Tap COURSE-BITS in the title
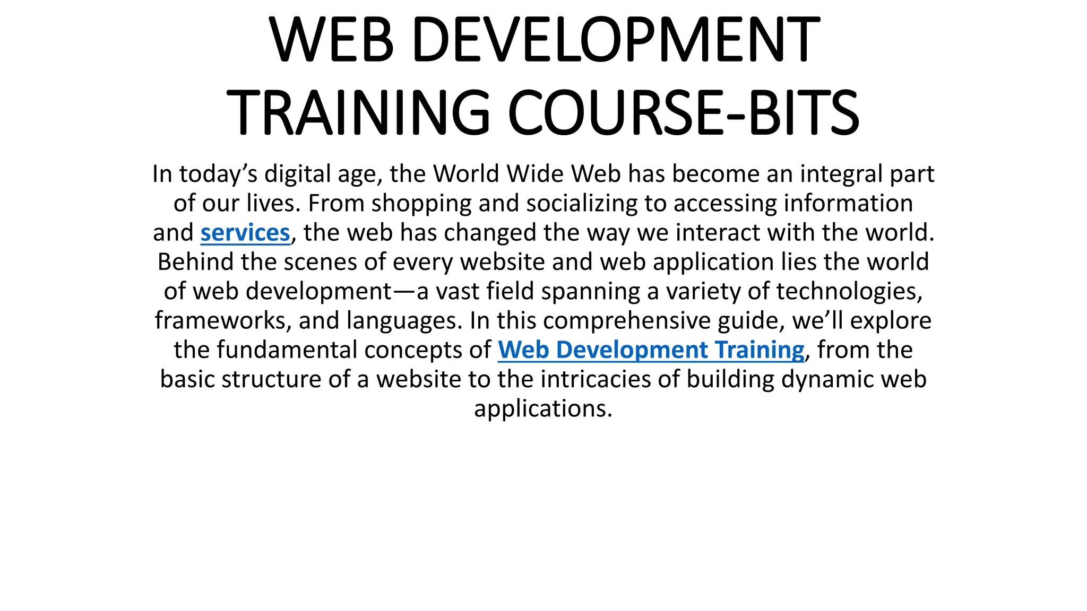[683, 113]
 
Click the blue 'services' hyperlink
[245, 233]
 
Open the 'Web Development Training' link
[651, 350]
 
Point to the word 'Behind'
[195, 262]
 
